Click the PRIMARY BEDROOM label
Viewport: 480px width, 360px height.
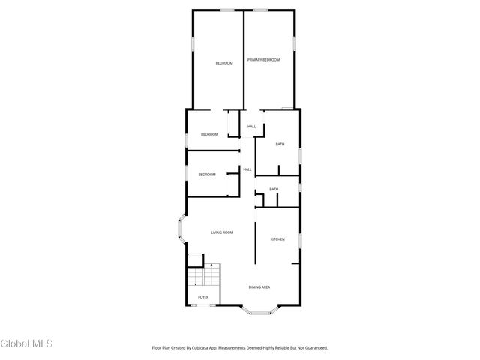pos(263,59)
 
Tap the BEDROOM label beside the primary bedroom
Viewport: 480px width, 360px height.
pos(224,63)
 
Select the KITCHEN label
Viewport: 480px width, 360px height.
pos(277,239)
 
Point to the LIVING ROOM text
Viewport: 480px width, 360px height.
pos(222,232)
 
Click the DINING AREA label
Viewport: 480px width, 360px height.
pos(259,287)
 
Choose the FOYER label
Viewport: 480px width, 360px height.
pos(203,298)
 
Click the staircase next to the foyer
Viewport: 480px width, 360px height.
pos(205,279)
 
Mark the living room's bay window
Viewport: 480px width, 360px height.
pos(181,232)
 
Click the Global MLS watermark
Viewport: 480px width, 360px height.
pos(27,344)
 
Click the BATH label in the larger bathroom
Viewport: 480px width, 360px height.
pos(280,144)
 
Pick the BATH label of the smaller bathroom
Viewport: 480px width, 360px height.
pos(274,189)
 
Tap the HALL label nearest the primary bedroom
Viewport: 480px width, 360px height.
pos(252,127)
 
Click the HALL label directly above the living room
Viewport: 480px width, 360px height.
pos(247,169)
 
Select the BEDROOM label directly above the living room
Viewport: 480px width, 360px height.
pos(207,175)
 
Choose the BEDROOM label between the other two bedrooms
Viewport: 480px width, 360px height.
pos(209,134)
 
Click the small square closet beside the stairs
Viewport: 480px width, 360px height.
pos(195,260)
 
